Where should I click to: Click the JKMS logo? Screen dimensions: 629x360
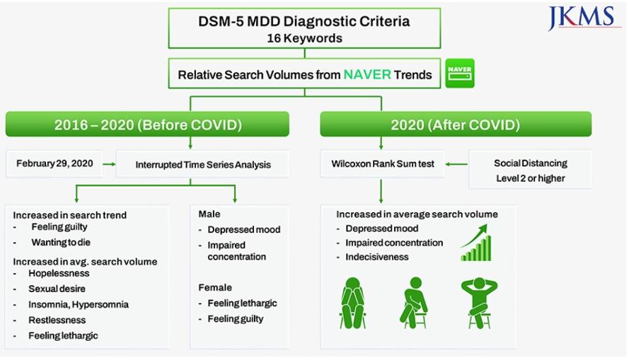(x=582, y=18)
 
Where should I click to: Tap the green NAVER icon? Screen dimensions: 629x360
(x=460, y=74)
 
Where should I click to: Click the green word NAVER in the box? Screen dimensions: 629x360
(x=367, y=74)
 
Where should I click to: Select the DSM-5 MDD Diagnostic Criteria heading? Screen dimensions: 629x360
(x=304, y=21)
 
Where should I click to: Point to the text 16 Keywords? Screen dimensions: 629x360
(x=304, y=38)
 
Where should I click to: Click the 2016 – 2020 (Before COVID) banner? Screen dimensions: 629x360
(x=147, y=124)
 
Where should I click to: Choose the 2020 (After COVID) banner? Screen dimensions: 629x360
(x=456, y=124)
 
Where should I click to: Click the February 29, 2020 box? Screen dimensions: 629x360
(x=54, y=163)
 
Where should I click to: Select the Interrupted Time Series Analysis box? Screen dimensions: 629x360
(x=202, y=164)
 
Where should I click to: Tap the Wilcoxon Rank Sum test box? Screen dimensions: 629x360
(x=382, y=164)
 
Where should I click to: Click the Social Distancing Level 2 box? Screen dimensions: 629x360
(x=531, y=170)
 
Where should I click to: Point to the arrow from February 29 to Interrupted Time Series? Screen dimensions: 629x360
(x=109, y=164)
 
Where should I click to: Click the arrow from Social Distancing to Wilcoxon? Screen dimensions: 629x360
(x=456, y=164)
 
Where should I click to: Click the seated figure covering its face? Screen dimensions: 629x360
(x=352, y=303)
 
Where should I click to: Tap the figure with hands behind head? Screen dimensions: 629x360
(x=480, y=303)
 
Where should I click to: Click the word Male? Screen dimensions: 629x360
(x=209, y=214)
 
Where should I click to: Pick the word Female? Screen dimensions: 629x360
(x=215, y=287)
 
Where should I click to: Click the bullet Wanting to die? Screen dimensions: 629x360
(x=61, y=243)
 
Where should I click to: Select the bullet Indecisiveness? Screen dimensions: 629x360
(x=377, y=257)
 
